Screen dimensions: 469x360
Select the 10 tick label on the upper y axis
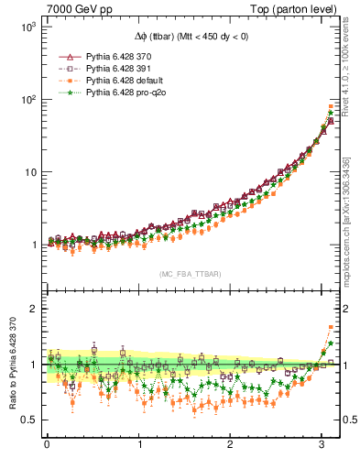coord(30,172)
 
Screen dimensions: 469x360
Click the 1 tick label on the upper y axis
coord(34,245)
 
